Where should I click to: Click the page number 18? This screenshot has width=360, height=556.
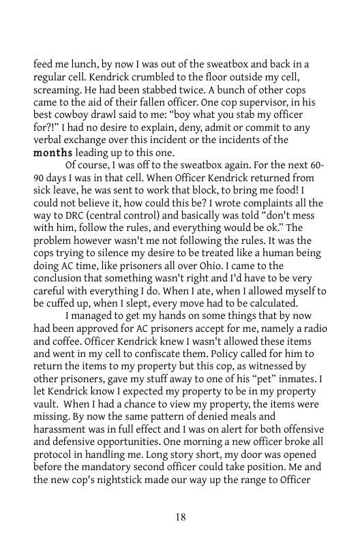click(180, 516)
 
